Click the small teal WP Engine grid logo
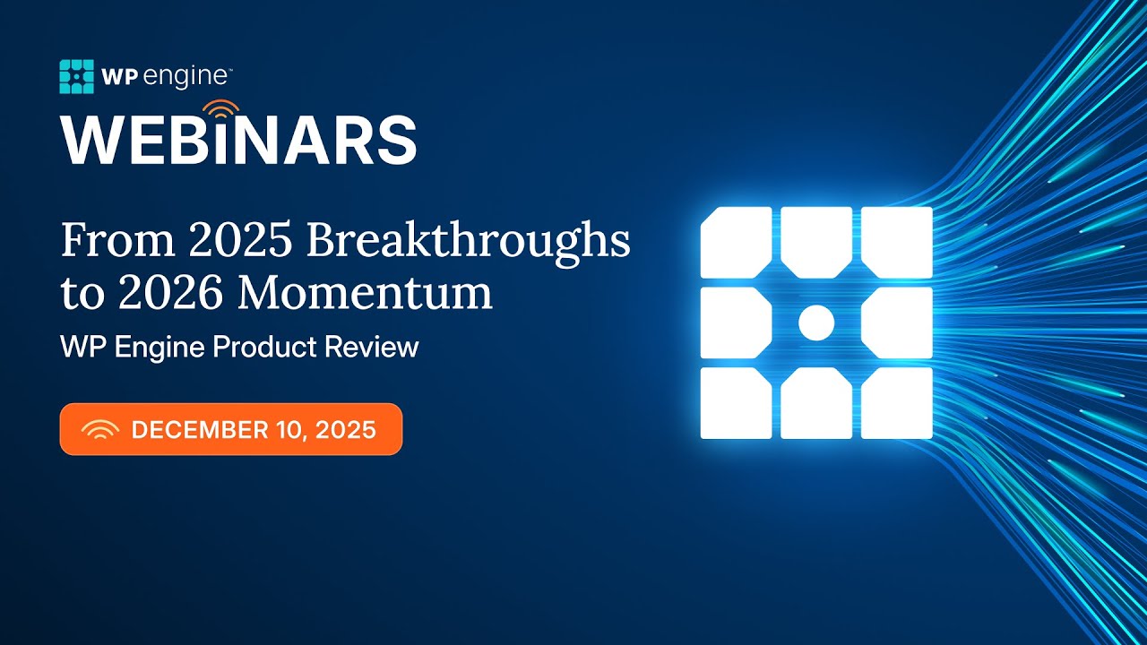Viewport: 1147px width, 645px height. click(76, 76)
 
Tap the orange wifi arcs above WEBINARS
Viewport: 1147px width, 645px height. click(220, 111)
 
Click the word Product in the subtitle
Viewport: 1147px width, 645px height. click(261, 348)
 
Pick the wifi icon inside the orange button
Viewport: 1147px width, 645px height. click(99, 431)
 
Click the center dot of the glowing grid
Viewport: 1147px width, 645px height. click(815, 322)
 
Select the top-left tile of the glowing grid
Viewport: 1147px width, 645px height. click(736, 242)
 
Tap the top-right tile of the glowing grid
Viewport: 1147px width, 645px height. click(897, 242)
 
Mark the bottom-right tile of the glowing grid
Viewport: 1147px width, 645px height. click(897, 403)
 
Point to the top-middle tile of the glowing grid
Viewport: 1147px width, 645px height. click(815, 238)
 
